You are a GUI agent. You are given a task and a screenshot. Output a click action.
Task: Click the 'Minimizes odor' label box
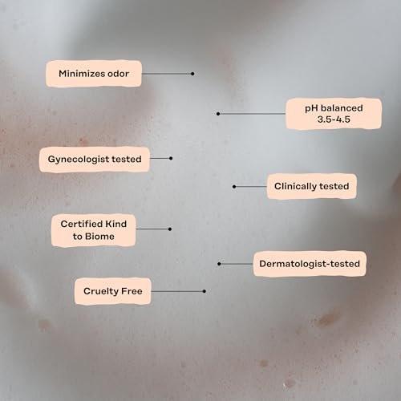click(x=94, y=74)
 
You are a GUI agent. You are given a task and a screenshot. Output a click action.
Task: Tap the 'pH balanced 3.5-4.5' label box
click(x=334, y=114)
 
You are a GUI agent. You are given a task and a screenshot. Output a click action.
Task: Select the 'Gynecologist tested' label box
click(x=95, y=159)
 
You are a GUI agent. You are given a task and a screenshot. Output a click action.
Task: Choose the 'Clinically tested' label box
click(x=312, y=186)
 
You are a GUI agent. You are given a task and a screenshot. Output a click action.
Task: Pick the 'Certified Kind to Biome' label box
click(x=94, y=230)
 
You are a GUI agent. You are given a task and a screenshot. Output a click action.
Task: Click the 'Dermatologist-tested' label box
click(x=310, y=264)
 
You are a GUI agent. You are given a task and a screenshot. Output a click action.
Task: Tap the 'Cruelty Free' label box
click(x=113, y=291)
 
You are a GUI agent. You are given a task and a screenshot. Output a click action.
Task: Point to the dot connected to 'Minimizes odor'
click(x=192, y=74)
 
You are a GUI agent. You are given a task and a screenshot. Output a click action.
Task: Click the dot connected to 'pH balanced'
click(x=218, y=114)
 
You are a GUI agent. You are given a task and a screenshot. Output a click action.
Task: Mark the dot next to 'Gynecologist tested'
click(x=171, y=158)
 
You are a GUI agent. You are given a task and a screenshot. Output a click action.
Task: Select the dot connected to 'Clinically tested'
click(x=234, y=187)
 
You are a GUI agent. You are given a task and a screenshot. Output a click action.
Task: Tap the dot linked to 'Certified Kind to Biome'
click(x=170, y=229)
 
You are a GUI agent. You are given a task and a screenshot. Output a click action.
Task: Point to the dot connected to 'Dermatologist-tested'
click(x=219, y=264)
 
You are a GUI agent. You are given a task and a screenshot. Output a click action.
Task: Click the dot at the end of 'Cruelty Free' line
click(x=205, y=291)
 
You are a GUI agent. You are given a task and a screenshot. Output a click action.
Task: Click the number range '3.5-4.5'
click(x=334, y=119)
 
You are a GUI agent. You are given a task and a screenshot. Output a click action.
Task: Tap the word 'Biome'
click(x=99, y=237)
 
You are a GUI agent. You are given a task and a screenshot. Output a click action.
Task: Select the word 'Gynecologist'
click(x=79, y=160)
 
